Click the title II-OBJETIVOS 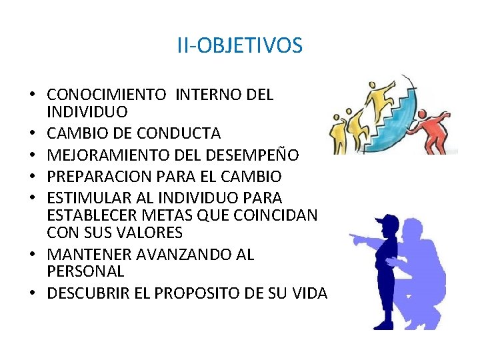pyautogui.click(x=239, y=46)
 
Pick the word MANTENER pyautogui.click(x=89, y=255)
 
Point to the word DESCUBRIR pyautogui.click(x=87, y=293)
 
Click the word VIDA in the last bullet pyautogui.click(x=309, y=293)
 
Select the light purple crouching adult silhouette pyautogui.click(x=427, y=267)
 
